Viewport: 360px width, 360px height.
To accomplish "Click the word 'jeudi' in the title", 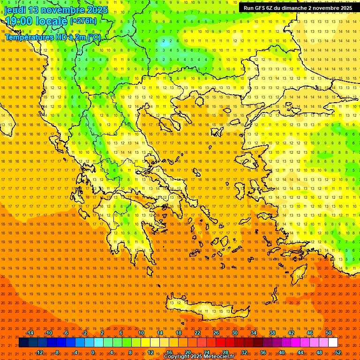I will pyautogui.click(x=15, y=10).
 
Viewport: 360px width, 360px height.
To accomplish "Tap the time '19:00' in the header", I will pyautogui.click(x=18, y=21).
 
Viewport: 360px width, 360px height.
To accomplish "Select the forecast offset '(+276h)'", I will pyautogui.click(x=83, y=21).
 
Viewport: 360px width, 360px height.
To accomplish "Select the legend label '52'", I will pyautogui.click(x=338, y=352).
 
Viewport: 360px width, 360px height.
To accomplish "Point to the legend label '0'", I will pyautogui.click(x=93, y=352).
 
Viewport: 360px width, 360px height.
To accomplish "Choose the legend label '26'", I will pyautogui.click(x=216, y=333).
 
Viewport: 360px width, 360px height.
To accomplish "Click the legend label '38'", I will pyautogui.click(x=272, y=333).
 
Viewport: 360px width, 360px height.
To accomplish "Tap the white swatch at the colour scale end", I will pyautogui.click(x=333, y=343).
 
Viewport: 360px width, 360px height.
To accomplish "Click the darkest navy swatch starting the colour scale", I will pyautogui.click(x=23, y=343).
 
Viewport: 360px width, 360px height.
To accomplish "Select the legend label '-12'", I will pyautogui.click(x=39, y=352).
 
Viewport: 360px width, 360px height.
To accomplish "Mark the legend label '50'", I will pyautogui.click(x=329, y=333).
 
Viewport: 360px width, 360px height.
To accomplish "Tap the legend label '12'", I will pyautogui.click(x=150, y=352).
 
